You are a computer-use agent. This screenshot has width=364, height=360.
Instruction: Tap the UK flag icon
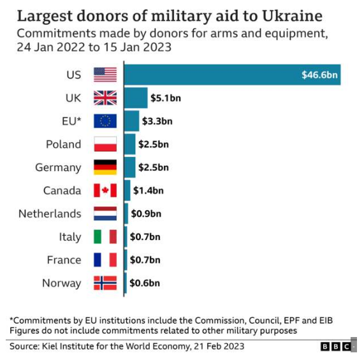coord(105,98)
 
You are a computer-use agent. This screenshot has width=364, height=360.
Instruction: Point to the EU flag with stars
coord(105,121)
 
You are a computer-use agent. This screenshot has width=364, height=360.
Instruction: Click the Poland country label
coord(63,144)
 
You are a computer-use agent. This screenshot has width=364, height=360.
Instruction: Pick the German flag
coord(105,167)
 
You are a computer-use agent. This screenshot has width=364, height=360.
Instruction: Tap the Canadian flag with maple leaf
coord(105,190)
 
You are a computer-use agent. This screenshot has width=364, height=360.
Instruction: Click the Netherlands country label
coord(50,214)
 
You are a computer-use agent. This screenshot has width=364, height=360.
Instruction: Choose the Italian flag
coord(105,237)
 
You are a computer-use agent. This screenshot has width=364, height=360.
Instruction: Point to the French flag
coord(105,260)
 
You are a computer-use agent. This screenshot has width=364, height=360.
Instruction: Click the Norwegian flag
coord(105,283)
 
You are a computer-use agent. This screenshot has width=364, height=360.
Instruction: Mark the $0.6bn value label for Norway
coord(145,283)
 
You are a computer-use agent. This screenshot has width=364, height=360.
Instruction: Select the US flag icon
coord(105,75)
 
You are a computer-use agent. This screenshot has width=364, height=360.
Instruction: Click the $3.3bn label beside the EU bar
coord(157,121)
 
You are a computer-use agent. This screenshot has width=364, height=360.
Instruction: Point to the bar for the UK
coord(135,98)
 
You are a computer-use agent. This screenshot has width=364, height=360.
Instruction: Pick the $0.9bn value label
coord(146,214)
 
